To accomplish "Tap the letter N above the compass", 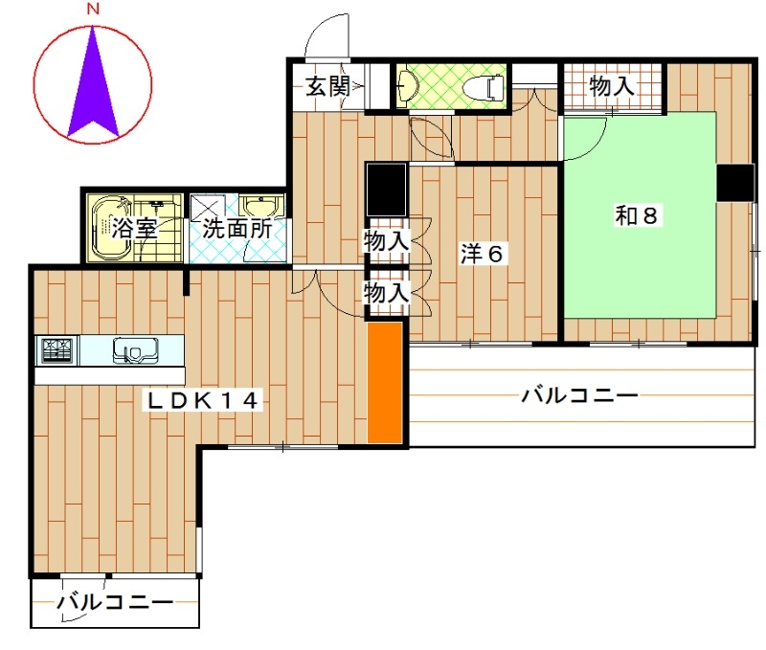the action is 93,9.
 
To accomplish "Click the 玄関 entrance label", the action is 328,87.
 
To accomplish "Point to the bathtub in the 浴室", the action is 111,228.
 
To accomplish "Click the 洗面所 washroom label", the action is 237,228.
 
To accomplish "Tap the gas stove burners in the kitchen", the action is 57,350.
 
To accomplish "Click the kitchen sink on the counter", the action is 135,350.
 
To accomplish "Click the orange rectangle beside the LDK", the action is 385,382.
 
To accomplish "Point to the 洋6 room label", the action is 482,254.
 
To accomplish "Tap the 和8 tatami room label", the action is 636,215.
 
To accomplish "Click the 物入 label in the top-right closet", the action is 612,86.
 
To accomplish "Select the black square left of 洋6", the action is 387,190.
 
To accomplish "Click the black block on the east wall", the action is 734,183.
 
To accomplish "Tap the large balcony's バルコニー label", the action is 580,395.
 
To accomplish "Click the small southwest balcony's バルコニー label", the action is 115,601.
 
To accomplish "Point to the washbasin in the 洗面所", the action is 262,207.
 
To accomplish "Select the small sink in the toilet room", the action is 405,87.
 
